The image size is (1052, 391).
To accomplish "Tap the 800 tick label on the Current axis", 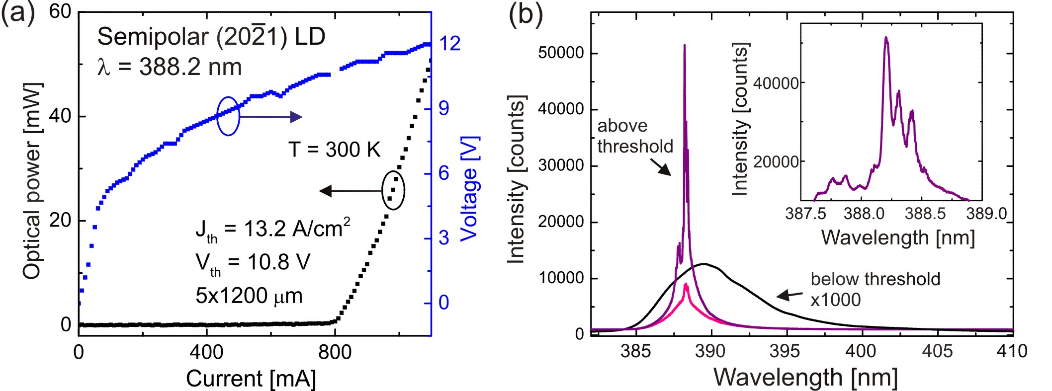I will [x=335, y=353].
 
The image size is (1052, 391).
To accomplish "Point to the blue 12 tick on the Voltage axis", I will [x=450, y=44].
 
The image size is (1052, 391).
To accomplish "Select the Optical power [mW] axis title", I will [x=32, y=181].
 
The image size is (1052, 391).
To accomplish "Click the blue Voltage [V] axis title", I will [x=469, y=189].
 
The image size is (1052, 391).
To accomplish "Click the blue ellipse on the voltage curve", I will [x=228, y=116].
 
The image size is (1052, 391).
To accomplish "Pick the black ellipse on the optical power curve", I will [x=393, y=190].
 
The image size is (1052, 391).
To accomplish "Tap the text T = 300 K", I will [x=334, y=150].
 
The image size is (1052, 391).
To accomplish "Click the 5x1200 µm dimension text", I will [x=249, y=296].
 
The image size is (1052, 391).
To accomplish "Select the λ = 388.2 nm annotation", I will [x=170, y=67].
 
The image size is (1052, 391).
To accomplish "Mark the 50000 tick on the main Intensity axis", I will [x=561, y=53].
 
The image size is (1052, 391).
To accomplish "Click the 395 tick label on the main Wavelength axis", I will [x=785, y=351].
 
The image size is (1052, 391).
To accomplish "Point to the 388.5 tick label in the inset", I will [x=925, y=214].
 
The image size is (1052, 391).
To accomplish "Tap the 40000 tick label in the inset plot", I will [x=776, y=83].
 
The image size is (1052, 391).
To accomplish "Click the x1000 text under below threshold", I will [x=835, y=300].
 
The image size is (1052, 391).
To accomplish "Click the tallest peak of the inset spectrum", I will [x=886, y=38].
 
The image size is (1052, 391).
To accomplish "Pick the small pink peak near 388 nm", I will [x=686, y=284].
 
